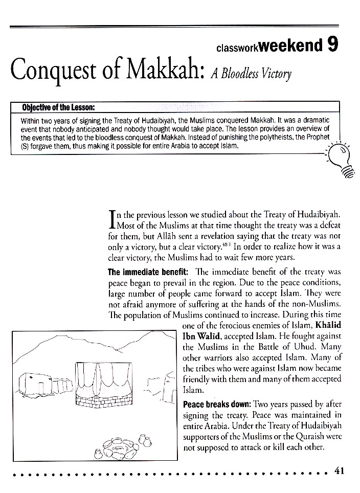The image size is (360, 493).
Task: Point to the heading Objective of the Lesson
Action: click(58, 108)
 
